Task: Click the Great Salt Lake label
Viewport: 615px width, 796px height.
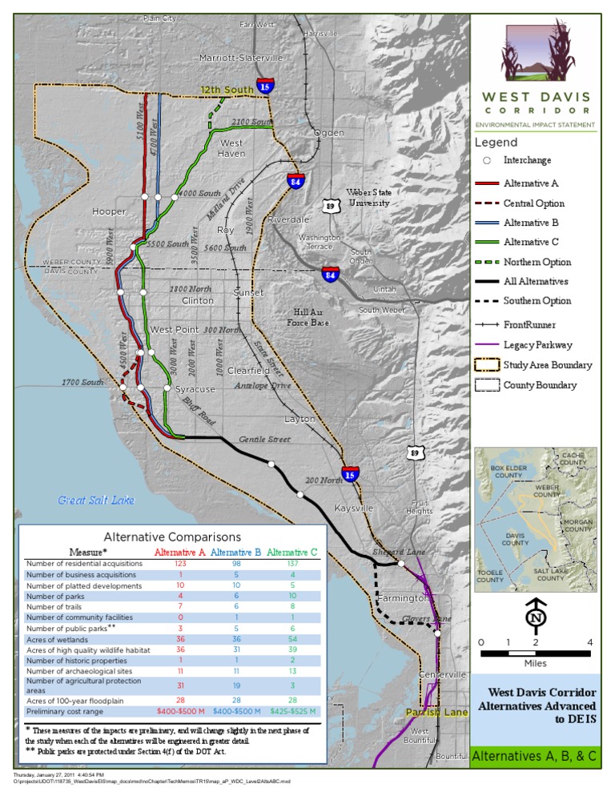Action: point(96,501)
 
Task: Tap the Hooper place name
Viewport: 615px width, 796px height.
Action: point(110,212)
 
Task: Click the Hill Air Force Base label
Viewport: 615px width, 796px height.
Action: point(308,317)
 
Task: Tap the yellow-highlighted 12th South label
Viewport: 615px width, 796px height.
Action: point(227,90)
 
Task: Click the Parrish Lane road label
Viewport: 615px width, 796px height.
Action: point(436,712)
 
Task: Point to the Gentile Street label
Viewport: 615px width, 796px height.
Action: point(264,440)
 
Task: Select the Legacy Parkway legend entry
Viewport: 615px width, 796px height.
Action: point(537,344)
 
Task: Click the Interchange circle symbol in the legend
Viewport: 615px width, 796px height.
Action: point(486,160)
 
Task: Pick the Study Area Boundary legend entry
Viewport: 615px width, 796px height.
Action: point(548,365)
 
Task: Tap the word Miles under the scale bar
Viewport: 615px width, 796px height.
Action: point(536,664)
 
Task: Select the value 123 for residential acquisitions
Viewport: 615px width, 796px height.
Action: point(180,564)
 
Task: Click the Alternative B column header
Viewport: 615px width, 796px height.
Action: point(236,553)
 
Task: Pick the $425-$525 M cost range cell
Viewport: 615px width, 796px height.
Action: point(292,711)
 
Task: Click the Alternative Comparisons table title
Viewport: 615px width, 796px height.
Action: point(172,537)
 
